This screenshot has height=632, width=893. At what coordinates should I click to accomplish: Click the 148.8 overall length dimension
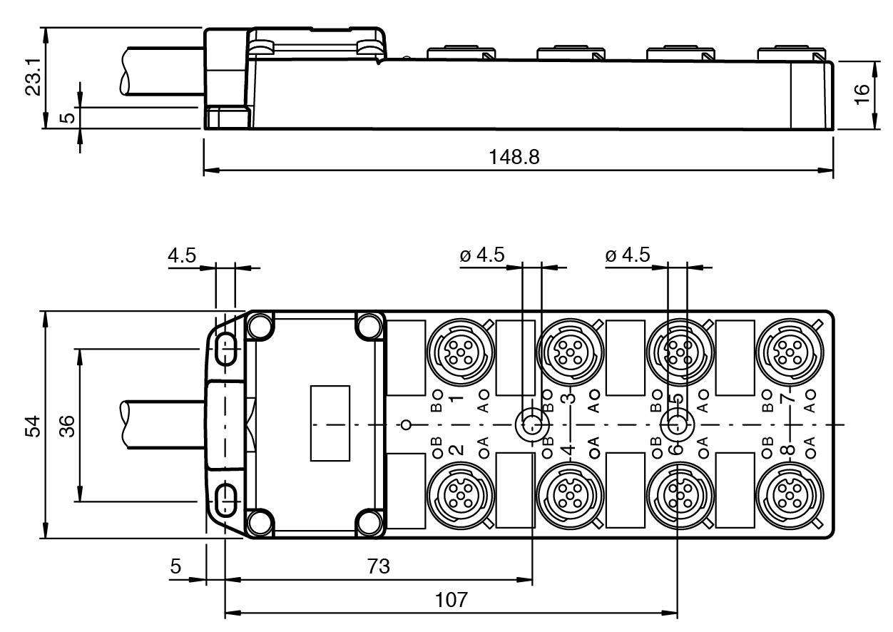point(514,157)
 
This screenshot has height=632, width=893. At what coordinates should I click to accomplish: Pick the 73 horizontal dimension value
point(379,567)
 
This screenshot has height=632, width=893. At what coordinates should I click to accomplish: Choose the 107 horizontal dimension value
point(452,599)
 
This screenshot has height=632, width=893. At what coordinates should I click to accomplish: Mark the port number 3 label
point(568,396)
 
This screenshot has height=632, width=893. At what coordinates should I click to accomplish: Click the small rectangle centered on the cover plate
point(330,423)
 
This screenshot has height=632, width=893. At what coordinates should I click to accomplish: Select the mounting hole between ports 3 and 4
point(531,424)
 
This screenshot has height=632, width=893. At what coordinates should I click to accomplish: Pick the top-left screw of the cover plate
point(260,326)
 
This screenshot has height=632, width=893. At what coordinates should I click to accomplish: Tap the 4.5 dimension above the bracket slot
point(182,256)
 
